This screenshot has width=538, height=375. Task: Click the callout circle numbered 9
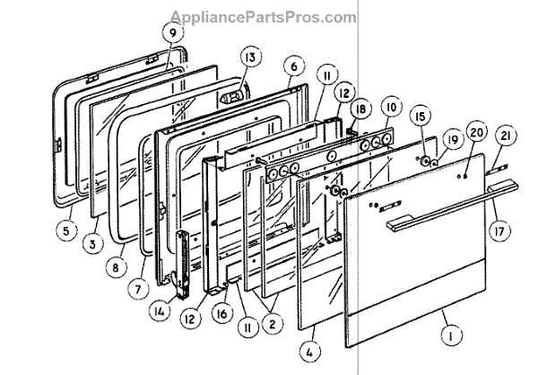pos(170,33)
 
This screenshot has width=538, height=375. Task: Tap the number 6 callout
pos(292,65)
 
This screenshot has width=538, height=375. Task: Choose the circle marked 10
pos(389,106)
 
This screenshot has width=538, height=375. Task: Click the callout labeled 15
pos(419,117)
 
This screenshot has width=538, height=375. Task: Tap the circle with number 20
pos(476,133)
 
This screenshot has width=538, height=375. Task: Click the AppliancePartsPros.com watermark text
pos(269,17)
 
